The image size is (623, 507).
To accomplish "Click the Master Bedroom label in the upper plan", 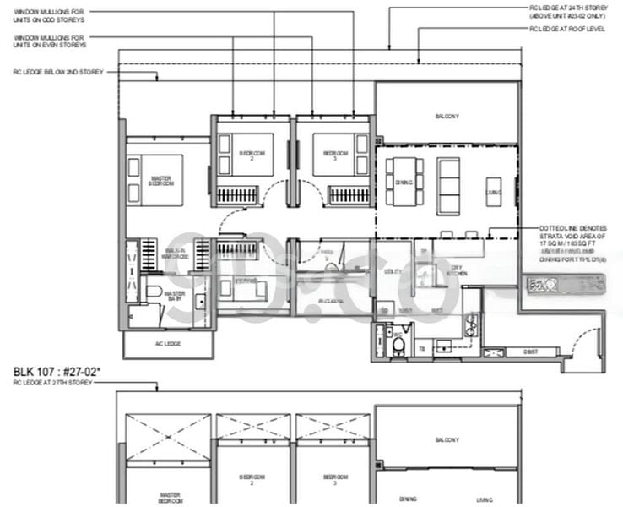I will (161, 180).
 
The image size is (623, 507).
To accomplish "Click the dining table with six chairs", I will (404, 180).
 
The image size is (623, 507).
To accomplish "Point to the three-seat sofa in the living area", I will (447, 185).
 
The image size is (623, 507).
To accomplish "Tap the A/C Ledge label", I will (167, 344).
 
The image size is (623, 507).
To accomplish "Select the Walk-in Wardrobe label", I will (176, 254).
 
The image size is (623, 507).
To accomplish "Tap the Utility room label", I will (392, 272).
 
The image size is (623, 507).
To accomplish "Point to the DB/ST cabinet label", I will (529, 352).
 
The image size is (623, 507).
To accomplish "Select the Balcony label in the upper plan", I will (447, 116).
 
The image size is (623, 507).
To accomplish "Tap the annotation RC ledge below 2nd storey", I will (57, 73).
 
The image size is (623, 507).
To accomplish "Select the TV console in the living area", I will (494, 192).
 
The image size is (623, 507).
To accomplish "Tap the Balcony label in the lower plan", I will (447, 439).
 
